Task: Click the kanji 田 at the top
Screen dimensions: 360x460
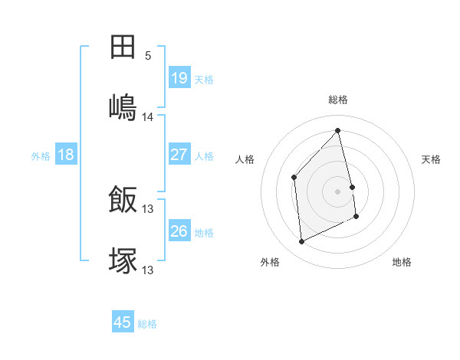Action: point(123,47)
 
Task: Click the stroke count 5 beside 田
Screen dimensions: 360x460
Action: point(148,56)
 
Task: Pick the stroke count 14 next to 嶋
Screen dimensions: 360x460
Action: point(148,117)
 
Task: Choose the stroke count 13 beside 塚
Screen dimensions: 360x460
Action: point(148,270)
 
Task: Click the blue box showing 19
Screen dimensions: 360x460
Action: point(179,78)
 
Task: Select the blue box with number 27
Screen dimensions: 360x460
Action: point(179,155)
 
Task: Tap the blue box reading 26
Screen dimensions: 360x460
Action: point(179,231)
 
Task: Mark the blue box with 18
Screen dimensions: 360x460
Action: point(66,155)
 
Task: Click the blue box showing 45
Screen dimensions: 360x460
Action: point(123,322)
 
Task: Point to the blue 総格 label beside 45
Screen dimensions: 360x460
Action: point(147,324)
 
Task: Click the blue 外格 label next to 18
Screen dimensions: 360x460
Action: point(41,156)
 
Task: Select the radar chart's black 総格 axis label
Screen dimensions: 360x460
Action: point(338,100)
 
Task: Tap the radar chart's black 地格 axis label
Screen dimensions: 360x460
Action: point(402,263)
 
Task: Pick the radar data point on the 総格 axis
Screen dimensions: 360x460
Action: point(338,131)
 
